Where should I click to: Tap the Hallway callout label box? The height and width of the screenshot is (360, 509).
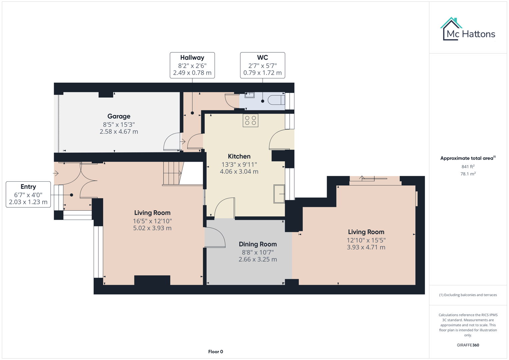(192, 65)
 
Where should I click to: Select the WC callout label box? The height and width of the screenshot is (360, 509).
(262, 65)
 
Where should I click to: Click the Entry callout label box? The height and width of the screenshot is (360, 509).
(28, 194)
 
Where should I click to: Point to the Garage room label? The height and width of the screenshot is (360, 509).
(119, 116)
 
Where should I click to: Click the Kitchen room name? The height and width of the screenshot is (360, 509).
(239, 156)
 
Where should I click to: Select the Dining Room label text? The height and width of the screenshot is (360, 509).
(258, 244)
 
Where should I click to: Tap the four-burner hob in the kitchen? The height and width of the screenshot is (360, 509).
(250, 121)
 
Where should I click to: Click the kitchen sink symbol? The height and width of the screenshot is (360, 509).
(279, 194)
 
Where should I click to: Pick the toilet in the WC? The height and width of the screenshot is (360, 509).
(276, 100)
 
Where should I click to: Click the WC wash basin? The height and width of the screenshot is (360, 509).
(249, 95)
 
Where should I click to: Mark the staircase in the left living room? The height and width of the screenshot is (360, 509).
(172, 173)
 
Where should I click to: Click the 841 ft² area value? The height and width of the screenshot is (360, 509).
(468, 166)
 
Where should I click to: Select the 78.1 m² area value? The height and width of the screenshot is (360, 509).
(468, 174)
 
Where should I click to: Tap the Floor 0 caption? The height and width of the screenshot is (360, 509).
(215, 352)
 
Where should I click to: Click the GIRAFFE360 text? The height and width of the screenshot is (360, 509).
(468, 345)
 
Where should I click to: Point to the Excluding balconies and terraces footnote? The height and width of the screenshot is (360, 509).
(468, 295)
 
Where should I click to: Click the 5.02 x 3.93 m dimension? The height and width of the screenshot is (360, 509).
(152, 228)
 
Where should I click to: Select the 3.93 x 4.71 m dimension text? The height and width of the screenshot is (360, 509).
(366, 247)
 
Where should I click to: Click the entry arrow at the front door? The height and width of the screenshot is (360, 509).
(56, 173)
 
